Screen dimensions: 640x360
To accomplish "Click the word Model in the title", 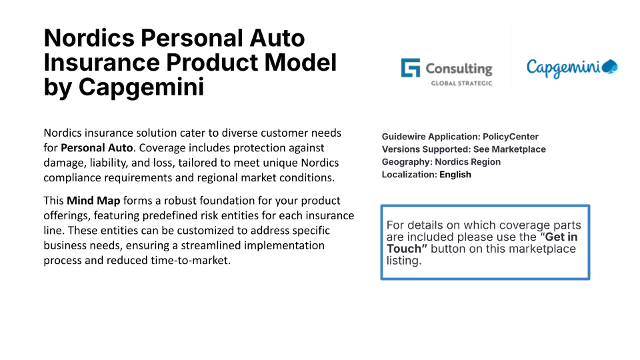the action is (300, 63).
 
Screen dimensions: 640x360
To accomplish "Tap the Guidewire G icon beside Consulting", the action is (410, 68).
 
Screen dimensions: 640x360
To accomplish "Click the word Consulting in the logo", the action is (459, 69).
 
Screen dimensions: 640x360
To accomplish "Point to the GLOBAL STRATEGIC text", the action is (461, 83).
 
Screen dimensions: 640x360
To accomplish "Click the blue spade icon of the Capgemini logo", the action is (610, 67).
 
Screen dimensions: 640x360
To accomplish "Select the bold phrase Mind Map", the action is (93, 201).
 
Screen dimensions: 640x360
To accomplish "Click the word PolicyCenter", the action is (511, 137).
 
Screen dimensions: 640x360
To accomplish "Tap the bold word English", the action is (455, 175).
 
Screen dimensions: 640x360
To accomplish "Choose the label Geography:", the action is (407, 162).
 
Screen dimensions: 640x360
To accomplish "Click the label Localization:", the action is (409, 175).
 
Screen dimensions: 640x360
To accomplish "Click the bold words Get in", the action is (561, 237).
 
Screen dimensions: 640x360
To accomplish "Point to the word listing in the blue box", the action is (404, 261).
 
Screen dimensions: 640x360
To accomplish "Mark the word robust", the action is (181, 201).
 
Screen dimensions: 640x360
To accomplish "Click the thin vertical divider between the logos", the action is (511, 57).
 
